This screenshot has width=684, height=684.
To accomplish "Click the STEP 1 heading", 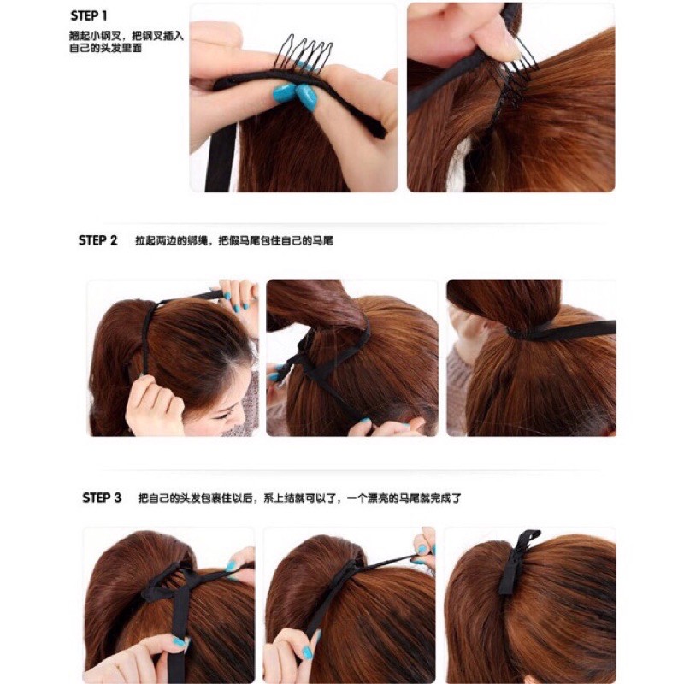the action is [x=89, y=16].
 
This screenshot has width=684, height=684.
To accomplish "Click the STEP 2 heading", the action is [x=97, y=240].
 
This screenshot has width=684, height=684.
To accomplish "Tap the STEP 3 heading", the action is [x=102, y=498].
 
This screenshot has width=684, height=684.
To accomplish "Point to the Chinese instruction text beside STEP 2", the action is [x=234, y=240].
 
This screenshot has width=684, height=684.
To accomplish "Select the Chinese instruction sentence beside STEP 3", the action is [x=300, y=498].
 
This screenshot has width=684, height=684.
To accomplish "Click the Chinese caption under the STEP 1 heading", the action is [x=126, y=42].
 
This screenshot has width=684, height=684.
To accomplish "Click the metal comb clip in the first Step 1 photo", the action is [x=304, y=52].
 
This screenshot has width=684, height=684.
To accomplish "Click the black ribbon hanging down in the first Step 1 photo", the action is [x=221, y=157].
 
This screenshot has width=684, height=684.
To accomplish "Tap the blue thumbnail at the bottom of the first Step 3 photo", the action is [x=180, y=642].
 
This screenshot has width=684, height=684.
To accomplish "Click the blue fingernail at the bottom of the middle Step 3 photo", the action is [x=308, y=652].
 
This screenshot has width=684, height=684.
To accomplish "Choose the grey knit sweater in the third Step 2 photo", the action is [x=457, y=384].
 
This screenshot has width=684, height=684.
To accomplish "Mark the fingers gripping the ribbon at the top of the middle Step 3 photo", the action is [x=423, y=545].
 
